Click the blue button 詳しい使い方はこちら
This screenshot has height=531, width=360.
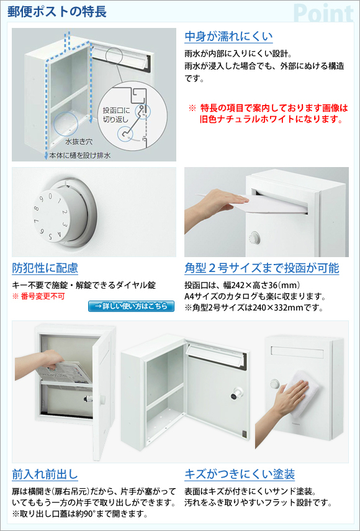pos(132,306)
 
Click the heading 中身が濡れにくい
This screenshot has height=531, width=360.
pos(228,36)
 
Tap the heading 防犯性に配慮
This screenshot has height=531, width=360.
pos(45,268)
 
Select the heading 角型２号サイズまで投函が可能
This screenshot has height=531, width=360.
pos(262,268)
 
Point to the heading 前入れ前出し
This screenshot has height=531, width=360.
pos(45,474)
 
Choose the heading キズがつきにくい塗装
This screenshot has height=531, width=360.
pos(240,474)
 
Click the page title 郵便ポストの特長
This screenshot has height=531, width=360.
pos(57,12)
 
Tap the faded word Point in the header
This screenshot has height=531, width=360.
pos(324,13)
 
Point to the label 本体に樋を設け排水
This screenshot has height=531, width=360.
pos(79,155)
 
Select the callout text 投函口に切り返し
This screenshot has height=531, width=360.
pos(115,114)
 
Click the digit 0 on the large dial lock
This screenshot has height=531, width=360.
pos(50,196)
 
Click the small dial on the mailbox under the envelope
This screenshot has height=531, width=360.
pos(254,238)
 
